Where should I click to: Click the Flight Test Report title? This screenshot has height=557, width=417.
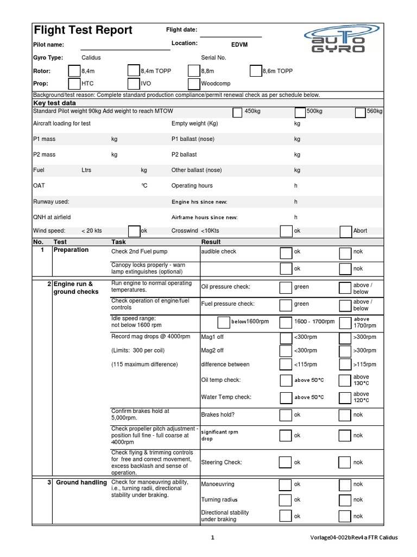coord(83,30)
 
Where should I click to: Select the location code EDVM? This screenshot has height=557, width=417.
coord(239,44)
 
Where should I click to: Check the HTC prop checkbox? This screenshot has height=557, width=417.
coord(74,84)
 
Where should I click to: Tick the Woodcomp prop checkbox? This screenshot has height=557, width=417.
coord(194,84)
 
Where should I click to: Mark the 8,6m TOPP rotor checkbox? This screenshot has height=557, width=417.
coord(256,71)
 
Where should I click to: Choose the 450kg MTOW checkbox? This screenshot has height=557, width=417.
coord(237,112)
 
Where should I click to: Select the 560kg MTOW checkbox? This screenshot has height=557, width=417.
coord(361,112)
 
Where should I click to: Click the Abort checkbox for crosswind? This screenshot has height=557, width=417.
coord(345,231)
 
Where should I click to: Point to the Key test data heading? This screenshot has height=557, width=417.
coord(55,103)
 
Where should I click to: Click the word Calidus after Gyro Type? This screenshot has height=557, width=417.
coord(91,58)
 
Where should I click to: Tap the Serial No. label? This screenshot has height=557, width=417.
coord(213,58)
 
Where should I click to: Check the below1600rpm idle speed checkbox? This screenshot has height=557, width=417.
coord(223,322)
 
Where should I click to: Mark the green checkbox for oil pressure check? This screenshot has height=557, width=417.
coord(286,288)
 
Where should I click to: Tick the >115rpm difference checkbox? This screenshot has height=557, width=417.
coord(344,364)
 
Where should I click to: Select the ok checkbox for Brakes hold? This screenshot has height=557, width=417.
coord(286,415)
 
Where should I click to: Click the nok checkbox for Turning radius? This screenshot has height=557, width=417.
coord(344,500)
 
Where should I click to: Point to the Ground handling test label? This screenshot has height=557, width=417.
coord(81,482)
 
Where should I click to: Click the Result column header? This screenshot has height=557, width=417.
coord(211,242)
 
